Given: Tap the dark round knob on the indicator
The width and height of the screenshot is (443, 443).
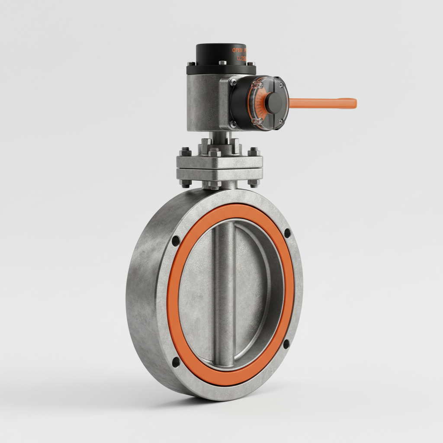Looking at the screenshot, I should click(273, 103).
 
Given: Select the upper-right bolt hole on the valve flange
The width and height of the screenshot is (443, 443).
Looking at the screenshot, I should click(287, 233).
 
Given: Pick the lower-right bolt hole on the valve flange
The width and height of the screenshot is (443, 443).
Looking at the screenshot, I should click(286, 345).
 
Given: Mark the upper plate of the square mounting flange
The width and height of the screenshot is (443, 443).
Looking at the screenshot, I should click(219, 162).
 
